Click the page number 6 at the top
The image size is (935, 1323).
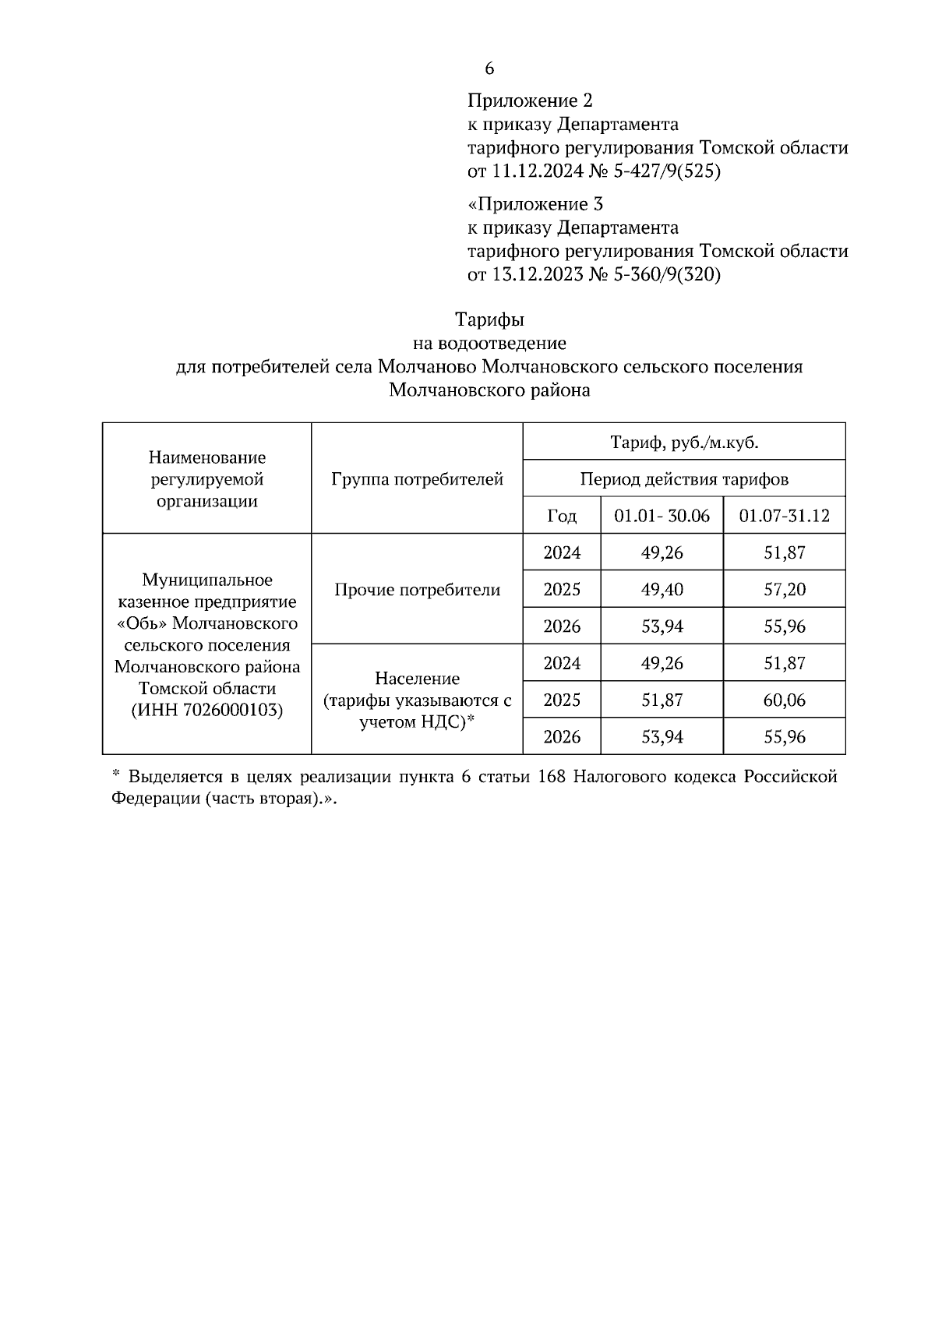pos(489,69)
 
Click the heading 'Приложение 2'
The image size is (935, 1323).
pos(530,101)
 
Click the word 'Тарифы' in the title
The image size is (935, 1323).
pos(489,319)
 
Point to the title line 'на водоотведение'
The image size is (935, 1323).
pos(489,343)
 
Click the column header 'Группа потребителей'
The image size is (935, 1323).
pos(417,479)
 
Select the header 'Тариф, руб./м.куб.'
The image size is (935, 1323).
pos(684,443)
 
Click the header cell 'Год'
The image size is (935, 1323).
pos(562,516)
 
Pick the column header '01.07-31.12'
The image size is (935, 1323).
pos(784,516)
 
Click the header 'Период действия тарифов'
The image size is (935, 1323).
pos(684,479)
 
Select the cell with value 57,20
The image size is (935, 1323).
pos(784,590)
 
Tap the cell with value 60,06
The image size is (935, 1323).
pos(784,700)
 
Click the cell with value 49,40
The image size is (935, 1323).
pos(662,590)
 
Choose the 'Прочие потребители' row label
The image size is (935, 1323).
pos(417,590)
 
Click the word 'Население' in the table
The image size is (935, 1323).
pos(417,679)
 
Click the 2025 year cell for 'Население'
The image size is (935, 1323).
pos(562,700)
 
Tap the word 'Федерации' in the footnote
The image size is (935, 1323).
pos(156,800)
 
